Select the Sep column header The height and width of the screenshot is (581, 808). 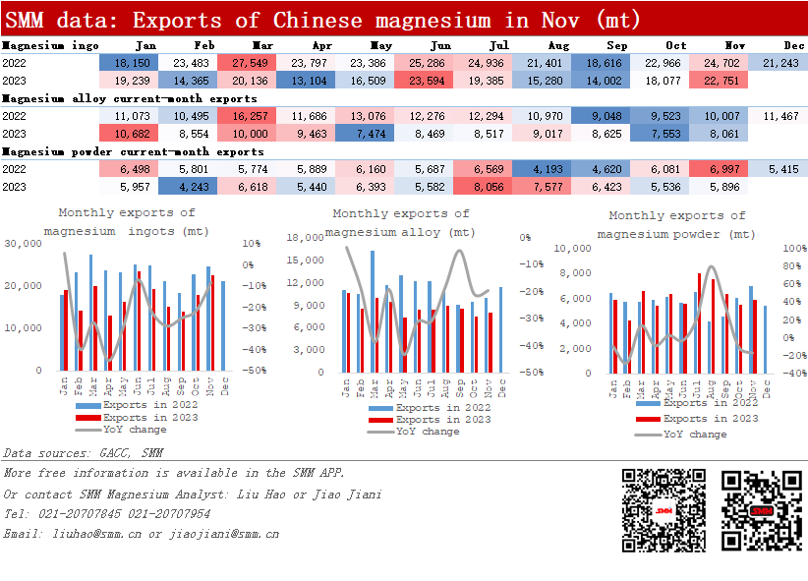click(x=617, y=45)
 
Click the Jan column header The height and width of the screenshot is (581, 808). click(x=144, y=45)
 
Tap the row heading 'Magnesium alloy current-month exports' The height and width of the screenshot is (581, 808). click(x=129, y=99)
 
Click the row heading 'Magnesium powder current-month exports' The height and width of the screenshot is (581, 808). click(x=133, y=152)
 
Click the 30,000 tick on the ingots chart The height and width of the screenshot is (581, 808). click(x=24, y=243)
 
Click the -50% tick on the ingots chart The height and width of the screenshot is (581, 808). click(x=251, y=371)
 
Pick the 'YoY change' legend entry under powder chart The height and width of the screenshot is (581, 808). click(x=694, y=434)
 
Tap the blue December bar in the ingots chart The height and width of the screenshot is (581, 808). click(x=223, y=325)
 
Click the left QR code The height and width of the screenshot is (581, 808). click(x=663, y=510)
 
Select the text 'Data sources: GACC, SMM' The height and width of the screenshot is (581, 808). click(x=84, y=453)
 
